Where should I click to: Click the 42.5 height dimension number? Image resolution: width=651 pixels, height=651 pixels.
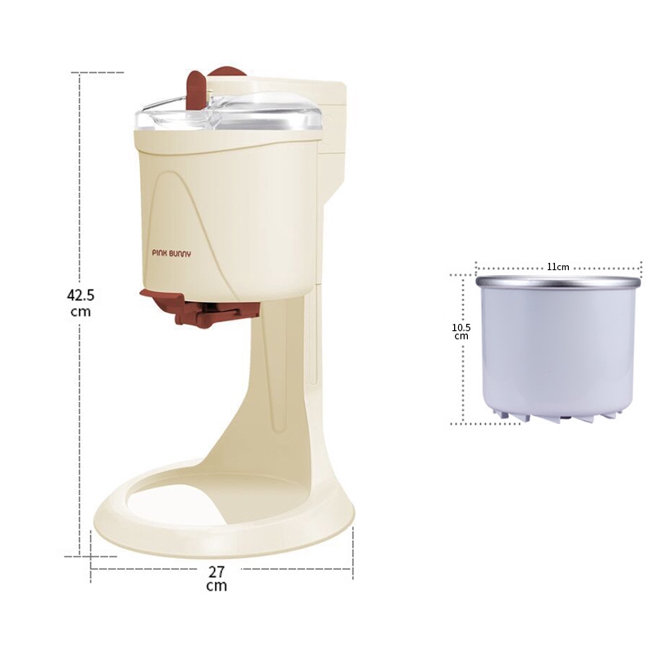[x=81, y=295]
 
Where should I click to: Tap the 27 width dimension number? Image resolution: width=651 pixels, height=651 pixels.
[x=216, y=572]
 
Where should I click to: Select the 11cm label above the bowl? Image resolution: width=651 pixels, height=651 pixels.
[x=557, y=267]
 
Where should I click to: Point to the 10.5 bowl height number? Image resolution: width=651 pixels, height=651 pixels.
[x=461, y=328]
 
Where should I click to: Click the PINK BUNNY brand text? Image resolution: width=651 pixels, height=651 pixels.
[x=172, y=253]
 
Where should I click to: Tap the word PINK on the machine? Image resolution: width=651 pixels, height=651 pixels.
[x=159, y=252]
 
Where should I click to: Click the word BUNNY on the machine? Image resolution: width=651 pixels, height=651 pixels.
[x=180, y=253]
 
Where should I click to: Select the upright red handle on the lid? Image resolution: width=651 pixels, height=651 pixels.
[x=196, y=90]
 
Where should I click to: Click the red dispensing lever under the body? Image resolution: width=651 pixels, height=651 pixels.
[x=200, y=308]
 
